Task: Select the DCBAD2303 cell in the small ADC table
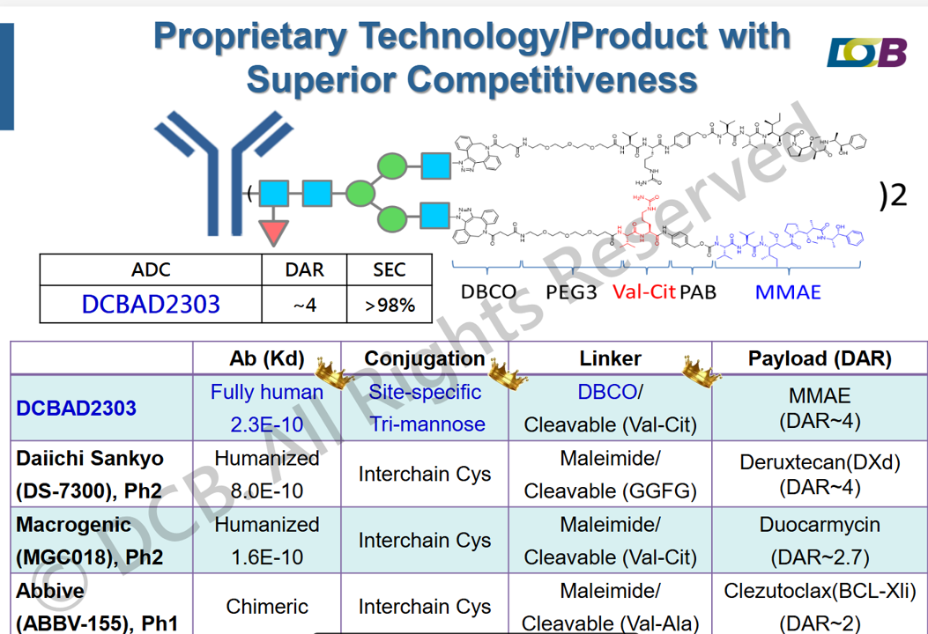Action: (151, 304)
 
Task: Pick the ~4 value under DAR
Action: (304, 305)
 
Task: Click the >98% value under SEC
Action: (390, 305)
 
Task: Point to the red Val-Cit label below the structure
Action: (643, 291)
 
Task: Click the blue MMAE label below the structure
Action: (788, 291)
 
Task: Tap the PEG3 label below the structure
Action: (571, 291)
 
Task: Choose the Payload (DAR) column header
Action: (820, 358)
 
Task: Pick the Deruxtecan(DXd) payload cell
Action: (820, 475)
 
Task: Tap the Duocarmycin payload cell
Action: (820, 541)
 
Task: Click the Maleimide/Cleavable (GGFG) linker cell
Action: (610, 475)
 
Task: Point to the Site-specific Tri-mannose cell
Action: (427, 408)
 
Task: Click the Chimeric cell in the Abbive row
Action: (266, 606)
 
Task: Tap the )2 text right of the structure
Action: (893, 195)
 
